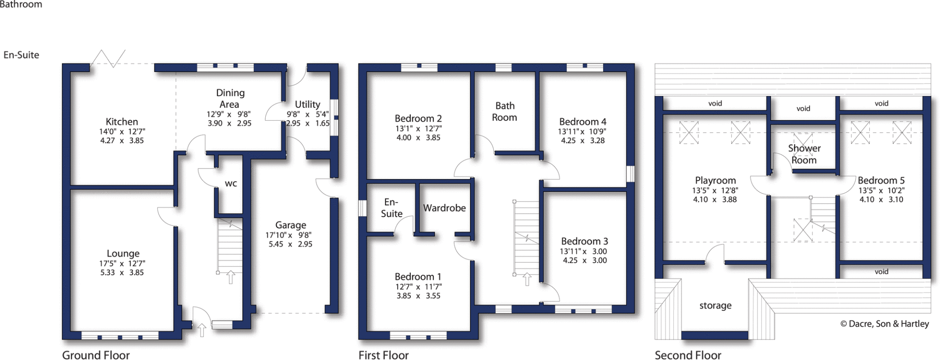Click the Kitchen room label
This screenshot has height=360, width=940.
pos(122,122)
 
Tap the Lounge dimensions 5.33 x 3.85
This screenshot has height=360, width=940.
pos(122,272)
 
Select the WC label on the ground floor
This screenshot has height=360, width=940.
pos(231,184)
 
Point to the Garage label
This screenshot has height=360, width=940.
pos(291,225)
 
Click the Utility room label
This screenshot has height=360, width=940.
pos(308,104)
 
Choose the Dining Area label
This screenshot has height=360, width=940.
pos(230,98)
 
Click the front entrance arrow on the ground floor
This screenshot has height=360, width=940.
pos(201,330)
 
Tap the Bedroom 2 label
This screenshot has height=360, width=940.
pos(418,118)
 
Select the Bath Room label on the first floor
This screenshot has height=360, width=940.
pos(505,112)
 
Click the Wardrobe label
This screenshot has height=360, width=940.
pos(444,208)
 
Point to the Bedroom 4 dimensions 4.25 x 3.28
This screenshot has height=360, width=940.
pos(583,141)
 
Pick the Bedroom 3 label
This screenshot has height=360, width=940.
pos(584,241)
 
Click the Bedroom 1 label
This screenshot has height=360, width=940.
pos(418,276)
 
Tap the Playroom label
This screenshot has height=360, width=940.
pos(715,180)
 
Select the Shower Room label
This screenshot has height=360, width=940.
pos(804,154)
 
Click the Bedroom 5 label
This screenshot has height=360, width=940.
pos(881,180)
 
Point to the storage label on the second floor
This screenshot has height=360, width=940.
pos(715,305)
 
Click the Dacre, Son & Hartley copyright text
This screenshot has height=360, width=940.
pos(884,324)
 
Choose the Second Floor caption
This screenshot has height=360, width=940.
pos(688,355)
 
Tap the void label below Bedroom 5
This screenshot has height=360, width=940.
pos(881,271)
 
